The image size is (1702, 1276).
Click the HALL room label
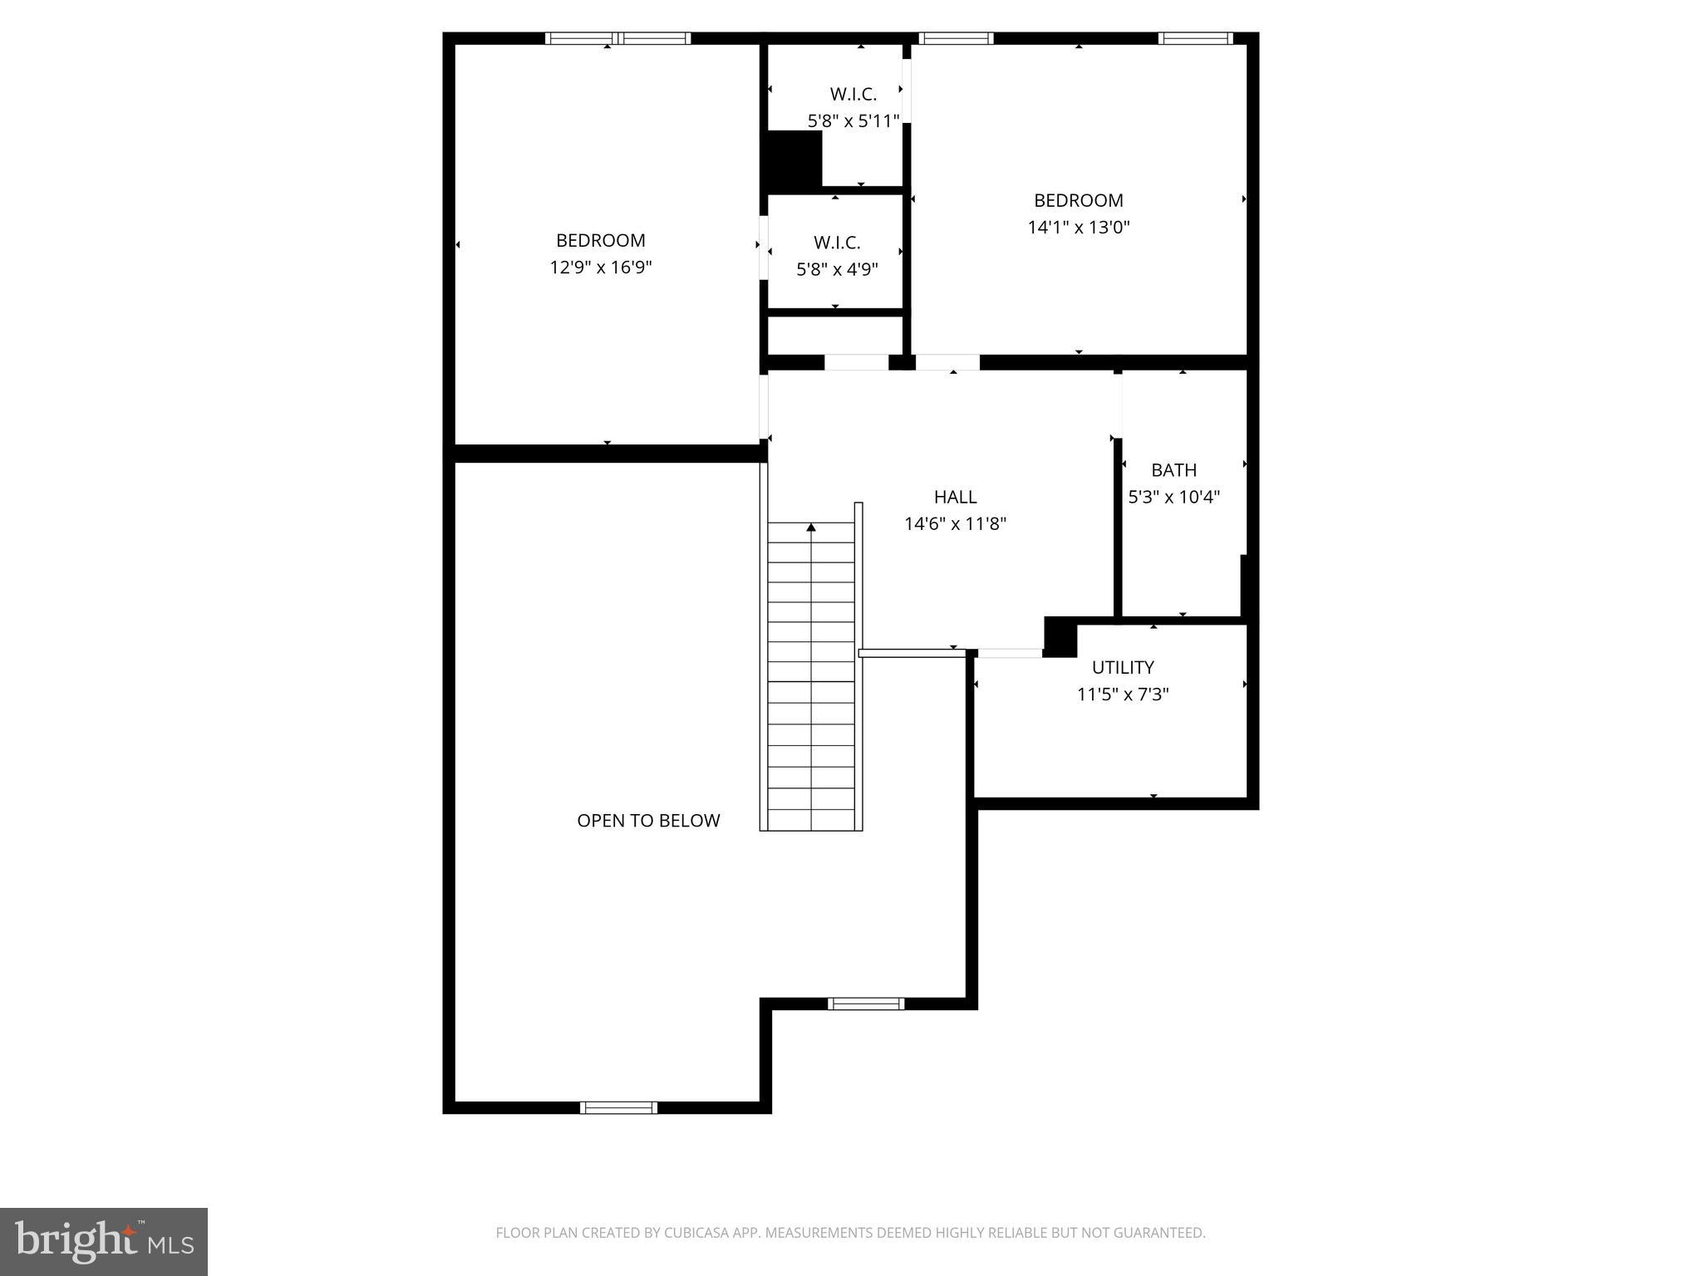pos(955,497)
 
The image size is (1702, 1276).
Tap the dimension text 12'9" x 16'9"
pos(601,267)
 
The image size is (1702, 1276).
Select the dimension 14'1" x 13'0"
pos(1079,228)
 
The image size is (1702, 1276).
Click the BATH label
pos(1173,470)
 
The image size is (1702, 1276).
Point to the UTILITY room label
pos(1123,667)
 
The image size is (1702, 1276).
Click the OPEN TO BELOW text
pos(648,821)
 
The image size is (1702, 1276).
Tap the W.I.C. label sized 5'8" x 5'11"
pos(853,95)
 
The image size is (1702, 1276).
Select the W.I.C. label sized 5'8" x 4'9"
pos(837,243)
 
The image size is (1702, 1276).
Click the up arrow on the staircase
pos(811,527)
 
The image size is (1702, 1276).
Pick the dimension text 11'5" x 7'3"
pos(1123,694)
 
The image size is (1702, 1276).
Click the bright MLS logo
pos(104,1241)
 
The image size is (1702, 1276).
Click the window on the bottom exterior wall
pos(618,1107)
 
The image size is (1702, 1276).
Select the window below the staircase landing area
pos(866,1004)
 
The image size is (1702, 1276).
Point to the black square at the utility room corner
pos(1060,636)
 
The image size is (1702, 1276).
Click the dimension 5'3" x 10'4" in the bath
pos(1173,498)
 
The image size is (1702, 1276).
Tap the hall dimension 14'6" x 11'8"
pos(955,524)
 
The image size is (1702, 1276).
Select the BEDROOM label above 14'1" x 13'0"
pos(1079,200)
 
